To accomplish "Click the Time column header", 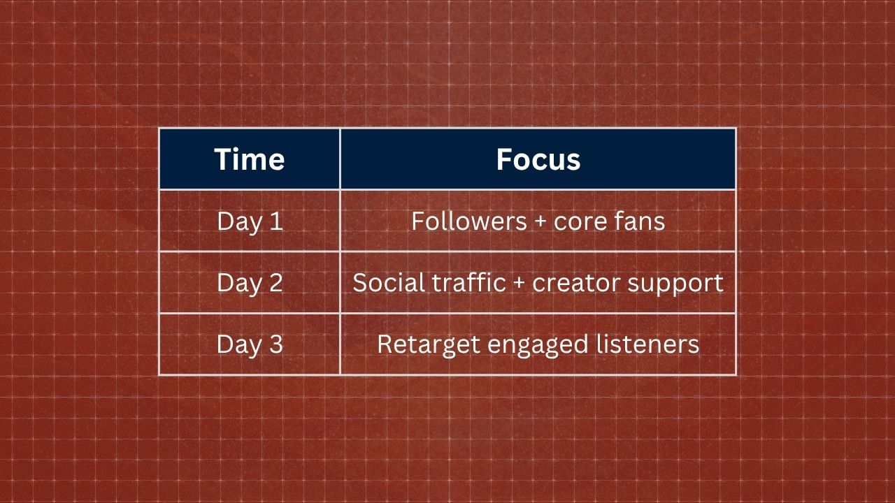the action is (x=250, y=159).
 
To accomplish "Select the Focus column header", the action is (x=538, y=159).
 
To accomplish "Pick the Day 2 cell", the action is (x=250, y=283).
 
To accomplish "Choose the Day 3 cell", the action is (x=250, y=344).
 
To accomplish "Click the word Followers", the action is (x=469, y=221).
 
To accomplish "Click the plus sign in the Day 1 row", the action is (x=540, y=222).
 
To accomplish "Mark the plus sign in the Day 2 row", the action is (x=519, y=284).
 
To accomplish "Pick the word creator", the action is (x=577, y=284).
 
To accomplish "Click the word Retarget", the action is (x=429, y=345).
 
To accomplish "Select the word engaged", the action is (x=538, y=346).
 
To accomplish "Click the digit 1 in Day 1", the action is (x=276, y=221).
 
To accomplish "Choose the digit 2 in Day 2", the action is (x=276, y=282).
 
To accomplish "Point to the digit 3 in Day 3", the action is (x=276, y=344).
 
